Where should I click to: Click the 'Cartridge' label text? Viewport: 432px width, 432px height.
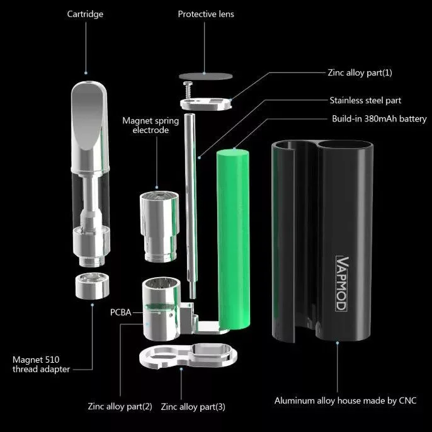pos(85,14)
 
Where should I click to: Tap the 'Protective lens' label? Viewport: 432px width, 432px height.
pos(206,14)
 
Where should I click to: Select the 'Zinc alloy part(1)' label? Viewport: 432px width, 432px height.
pos(360,73)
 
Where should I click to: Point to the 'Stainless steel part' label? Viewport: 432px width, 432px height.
pos(365,100)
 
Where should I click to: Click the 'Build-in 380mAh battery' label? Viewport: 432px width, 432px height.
pos(379,118)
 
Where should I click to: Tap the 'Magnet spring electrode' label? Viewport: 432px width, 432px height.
pos(151,125)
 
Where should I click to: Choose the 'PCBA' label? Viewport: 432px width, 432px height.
pos(120,312)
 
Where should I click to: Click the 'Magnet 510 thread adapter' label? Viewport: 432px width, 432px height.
pos(42,365)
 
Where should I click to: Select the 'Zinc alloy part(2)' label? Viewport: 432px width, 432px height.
pos(120,406)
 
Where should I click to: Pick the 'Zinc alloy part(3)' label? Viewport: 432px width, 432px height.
pos(193,406)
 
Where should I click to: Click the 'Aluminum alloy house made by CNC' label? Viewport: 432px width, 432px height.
pos(345,400)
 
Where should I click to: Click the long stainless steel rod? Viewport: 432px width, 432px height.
pos(189,202)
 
